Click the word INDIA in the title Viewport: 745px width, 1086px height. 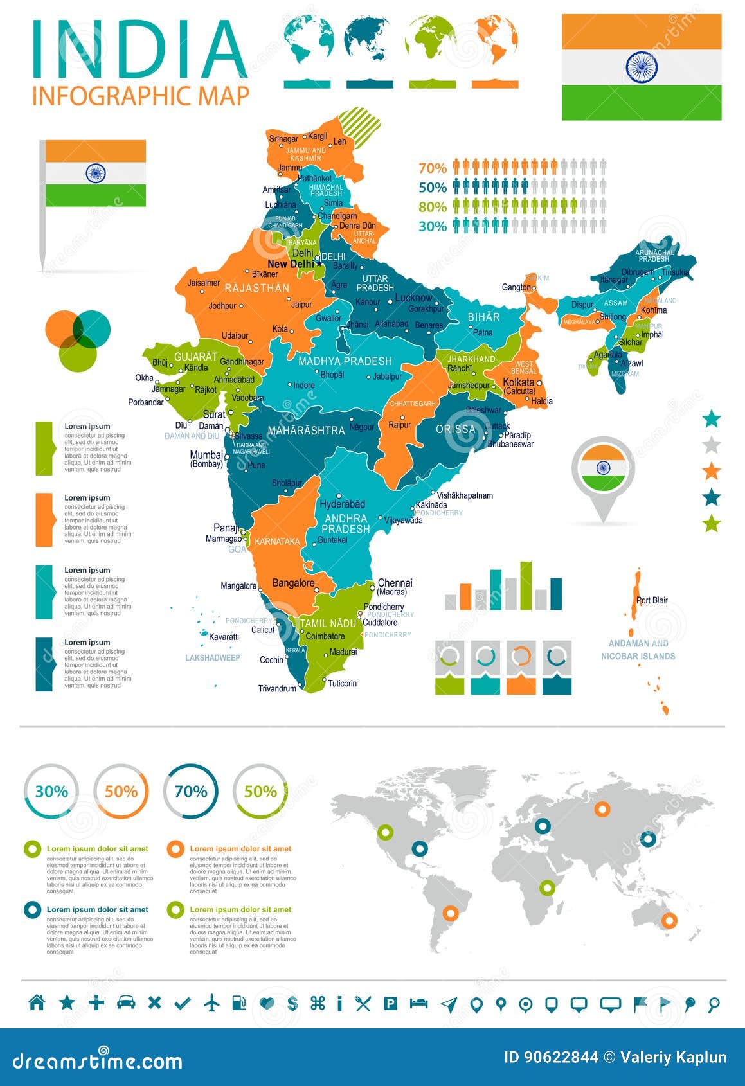tap(139, 50)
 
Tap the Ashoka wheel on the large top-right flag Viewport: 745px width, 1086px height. tap(641, 67)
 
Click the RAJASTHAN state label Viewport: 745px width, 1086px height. tap(256, 288)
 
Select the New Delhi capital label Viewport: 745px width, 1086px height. tap(291, 264)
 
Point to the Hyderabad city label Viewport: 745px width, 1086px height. tap(342, 504)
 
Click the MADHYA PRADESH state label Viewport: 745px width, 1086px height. tap(345, 361)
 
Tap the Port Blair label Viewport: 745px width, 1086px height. tap(652, 600)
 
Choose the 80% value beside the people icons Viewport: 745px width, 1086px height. tap(432, 207)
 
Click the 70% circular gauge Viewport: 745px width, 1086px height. tap(191, 791)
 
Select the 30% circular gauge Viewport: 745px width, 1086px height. tap(51, 791)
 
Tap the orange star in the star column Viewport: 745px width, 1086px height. tap(711, 471)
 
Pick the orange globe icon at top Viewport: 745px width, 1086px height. tap(496, 40)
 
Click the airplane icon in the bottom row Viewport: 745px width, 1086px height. tap(211, 1002)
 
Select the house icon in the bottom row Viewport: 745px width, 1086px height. tap(37, 1002)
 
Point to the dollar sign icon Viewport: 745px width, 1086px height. tap(292, 1003)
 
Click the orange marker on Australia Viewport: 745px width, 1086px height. tap(669, 920)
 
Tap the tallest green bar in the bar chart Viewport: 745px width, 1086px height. tap(526, 585)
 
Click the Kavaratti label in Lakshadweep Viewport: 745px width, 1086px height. tap(224, 637)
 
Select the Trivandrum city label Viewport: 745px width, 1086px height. tap(277, 688)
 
